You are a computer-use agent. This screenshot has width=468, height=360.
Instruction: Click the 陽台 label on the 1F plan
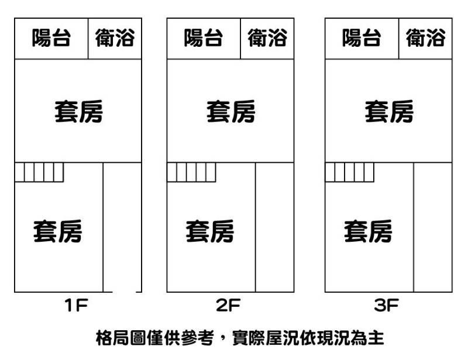(51, 39)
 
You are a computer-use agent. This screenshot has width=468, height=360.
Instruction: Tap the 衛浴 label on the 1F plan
(115, 39)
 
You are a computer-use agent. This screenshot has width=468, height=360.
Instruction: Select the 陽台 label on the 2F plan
(204, 39)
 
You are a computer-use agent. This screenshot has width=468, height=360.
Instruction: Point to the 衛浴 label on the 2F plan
(267, 39)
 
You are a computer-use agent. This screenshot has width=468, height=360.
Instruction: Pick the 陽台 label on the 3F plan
(362, 39)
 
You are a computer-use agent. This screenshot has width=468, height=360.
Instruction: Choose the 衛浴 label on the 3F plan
(426, 39)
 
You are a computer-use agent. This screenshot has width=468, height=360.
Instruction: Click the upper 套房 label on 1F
(78, 111)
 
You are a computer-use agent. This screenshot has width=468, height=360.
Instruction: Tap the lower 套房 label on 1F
(57, 231)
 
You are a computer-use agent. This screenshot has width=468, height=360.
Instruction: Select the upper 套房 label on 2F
(230, 111)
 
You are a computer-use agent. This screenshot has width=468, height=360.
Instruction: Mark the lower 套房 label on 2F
(210, 231)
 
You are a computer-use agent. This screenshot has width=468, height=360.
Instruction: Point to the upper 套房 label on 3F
(389, 111)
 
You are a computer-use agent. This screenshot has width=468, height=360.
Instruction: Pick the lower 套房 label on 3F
(368, 231)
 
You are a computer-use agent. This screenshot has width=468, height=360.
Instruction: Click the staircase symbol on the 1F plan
(39, 173)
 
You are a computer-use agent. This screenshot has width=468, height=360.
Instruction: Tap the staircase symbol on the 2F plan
(191, 173)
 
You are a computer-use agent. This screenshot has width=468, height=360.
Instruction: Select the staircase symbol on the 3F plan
(349, 173)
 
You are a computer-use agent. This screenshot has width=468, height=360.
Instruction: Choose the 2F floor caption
(229, 306)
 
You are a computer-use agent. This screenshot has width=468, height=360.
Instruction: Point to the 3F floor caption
(387, 306)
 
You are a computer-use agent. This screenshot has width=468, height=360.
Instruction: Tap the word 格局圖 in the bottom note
(121, 338)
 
